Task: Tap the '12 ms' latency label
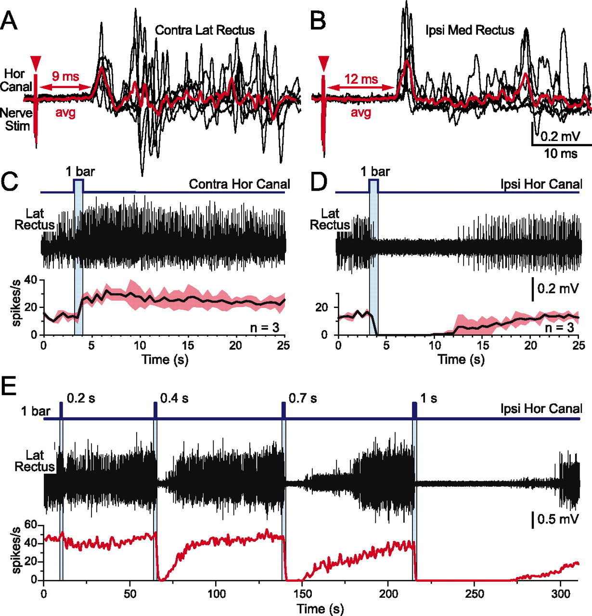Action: click(361, 78)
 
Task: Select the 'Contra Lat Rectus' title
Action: click(205, 30)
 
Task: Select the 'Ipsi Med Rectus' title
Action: click(470, 30)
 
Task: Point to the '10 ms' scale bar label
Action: click(561, 154)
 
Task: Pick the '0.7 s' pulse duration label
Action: click(303, 398)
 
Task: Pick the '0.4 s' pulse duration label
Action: click(174, 398)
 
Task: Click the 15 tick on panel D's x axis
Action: click(483, 346)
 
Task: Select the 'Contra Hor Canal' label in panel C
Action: click(239, 184)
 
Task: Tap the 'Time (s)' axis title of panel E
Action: click(320, 608)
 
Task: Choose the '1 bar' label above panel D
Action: click(375, 171)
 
